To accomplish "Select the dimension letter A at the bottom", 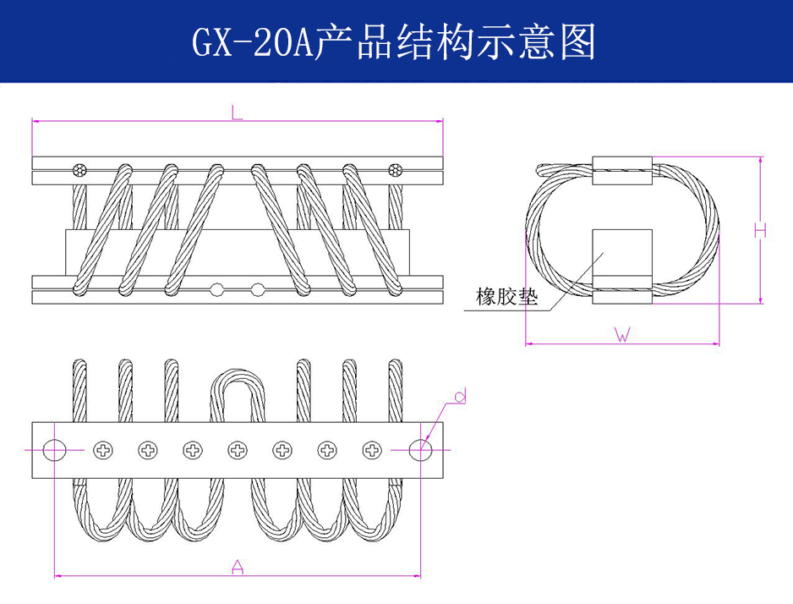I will (238, 567).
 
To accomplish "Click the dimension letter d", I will (460, 395).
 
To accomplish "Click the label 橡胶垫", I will (506, 298).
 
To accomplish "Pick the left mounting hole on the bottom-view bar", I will (54, 449).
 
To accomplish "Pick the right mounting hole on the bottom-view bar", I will (419, 449).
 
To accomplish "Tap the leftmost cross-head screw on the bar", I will (103, 449).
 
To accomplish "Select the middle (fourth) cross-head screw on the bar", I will (238, 449).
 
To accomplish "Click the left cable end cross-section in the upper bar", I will (80, 170).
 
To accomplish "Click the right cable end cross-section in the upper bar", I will (395, 170).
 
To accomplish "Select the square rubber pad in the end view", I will (622, 254).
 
